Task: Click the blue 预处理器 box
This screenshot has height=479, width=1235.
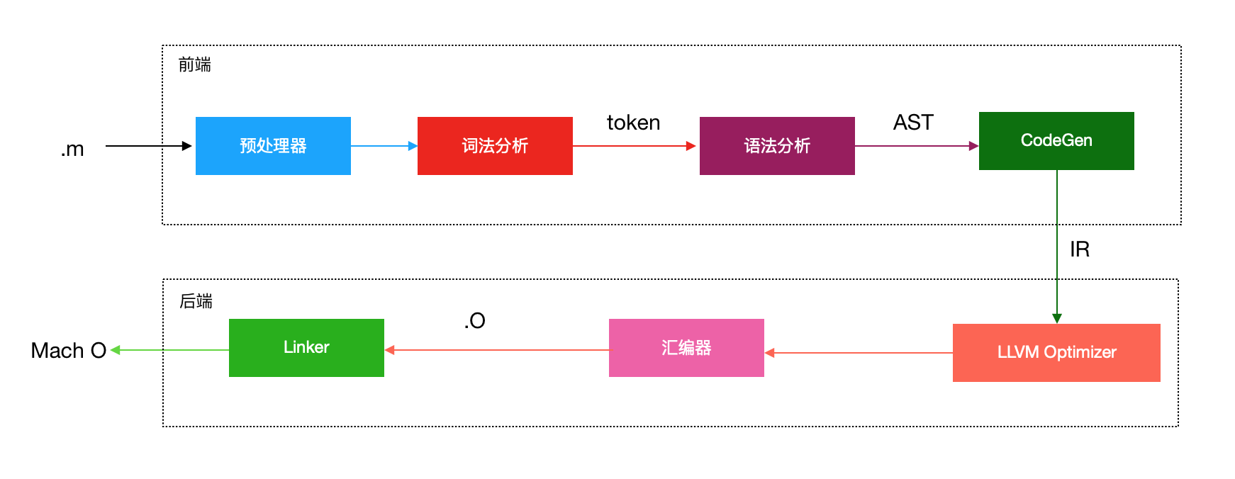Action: [273, 146]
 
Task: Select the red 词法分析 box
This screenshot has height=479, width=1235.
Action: [495, 146]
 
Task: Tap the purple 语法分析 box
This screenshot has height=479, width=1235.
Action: [777, 146]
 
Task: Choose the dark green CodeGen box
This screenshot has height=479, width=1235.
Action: [1056, 140]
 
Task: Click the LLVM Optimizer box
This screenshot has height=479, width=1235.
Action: [1056, 352]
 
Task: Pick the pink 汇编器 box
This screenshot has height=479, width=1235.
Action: [686, 347]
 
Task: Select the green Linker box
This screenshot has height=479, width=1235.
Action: [306, 347]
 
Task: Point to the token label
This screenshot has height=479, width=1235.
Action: [633, 123]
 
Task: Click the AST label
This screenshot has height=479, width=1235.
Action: [913, 123]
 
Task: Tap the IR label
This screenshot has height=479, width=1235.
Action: [1079, 249]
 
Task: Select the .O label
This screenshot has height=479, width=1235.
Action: [475, 321]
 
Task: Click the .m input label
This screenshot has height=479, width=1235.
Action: [72, 149]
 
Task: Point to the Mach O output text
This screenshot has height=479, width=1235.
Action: [68, 351]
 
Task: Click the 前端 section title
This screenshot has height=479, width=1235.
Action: [195, 65]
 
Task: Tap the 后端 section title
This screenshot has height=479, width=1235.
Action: [196, 301]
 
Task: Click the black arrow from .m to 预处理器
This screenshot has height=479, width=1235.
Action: [149, 146]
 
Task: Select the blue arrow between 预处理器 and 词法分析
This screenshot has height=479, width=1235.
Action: [384, 146]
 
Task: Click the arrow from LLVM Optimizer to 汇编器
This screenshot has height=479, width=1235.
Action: [859, 352]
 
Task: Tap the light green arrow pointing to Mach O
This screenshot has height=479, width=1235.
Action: [170, 350]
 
